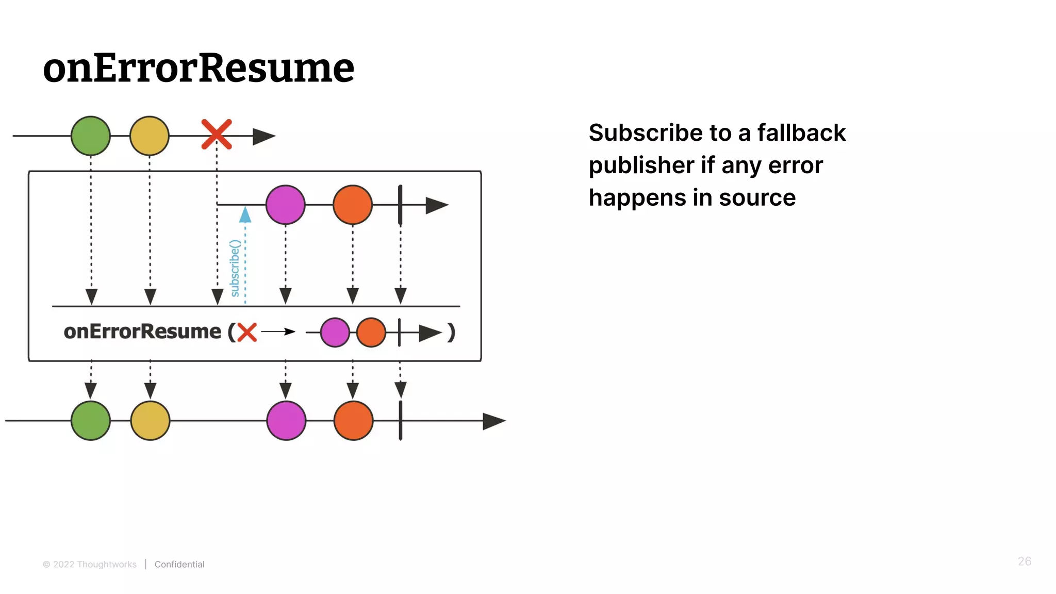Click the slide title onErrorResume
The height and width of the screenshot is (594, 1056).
pos(199,68)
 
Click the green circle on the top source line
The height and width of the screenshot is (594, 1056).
pos(91,136)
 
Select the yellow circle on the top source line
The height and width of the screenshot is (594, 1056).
pos(150,136)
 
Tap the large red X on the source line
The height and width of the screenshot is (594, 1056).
pos(217,135)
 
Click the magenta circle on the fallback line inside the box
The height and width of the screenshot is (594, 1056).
pos(286,205)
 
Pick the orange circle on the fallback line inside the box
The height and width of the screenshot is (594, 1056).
pos(353,205)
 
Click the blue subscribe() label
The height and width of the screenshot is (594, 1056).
pos(235,268)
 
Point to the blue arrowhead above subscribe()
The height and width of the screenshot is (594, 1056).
pos(245,215)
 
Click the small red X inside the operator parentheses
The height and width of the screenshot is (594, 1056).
pos(247,332)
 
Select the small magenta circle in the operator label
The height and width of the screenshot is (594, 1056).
pos(335,333)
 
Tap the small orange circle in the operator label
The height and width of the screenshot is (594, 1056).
pos(371,333)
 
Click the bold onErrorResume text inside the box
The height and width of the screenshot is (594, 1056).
pos(142,332)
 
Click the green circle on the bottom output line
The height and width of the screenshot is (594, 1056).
pos(91,421)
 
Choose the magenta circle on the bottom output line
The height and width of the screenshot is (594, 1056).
pos(287,421)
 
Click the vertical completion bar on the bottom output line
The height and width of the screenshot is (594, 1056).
pos(401,421)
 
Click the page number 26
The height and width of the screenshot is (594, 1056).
pos(1024,562)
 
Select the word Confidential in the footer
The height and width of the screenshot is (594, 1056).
pos(179,565)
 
